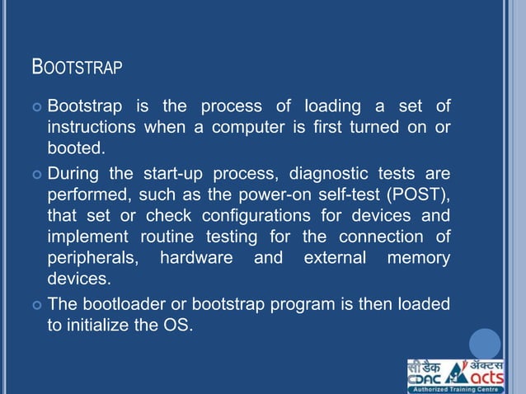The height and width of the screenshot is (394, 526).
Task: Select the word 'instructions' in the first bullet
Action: [x=91, y=128]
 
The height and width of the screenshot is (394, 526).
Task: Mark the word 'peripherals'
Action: [x=90, y=259]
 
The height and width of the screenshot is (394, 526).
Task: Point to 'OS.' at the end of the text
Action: [x=182, y=326]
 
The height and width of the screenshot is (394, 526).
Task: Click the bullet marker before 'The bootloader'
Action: [x=35, y=305]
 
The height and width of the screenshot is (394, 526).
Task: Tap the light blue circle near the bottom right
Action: [x=486, y=344]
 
